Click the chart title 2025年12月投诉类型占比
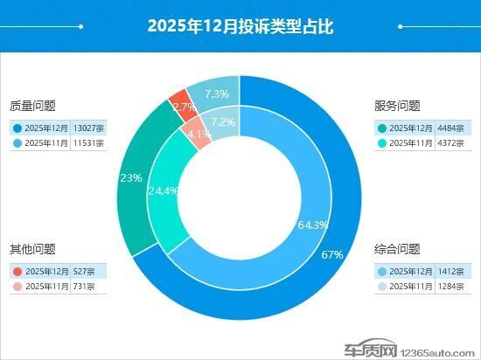coord(240,26)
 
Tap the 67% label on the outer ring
coord(331,254)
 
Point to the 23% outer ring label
coord(131,177)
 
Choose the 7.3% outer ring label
coord(216,93)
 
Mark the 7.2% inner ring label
coord(224,121)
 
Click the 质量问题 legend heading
coord(32,107)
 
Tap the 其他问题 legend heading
coord(32,249)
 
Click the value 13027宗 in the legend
coord(89,128)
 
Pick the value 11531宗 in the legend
coord(89,142)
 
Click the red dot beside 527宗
coord(18,271)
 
